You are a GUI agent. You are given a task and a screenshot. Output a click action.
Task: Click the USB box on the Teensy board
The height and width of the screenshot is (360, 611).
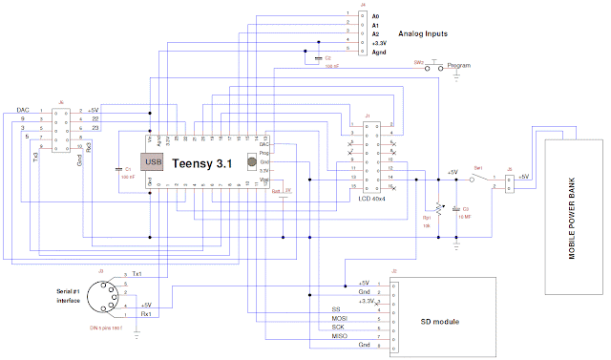(x=152, y=163)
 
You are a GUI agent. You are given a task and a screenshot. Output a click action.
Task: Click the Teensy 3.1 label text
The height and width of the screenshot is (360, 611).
(x=202, y=164)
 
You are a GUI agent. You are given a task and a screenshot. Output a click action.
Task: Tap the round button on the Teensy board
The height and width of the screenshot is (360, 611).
(x=251, y=162)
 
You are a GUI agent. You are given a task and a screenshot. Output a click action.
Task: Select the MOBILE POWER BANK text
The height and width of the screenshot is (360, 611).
(x=573, y=214)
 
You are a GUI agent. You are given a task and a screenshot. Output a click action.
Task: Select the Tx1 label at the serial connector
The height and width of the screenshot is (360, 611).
(x=137, y=274)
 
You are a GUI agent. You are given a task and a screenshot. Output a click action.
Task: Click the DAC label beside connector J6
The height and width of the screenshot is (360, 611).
(x=23, y=110)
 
